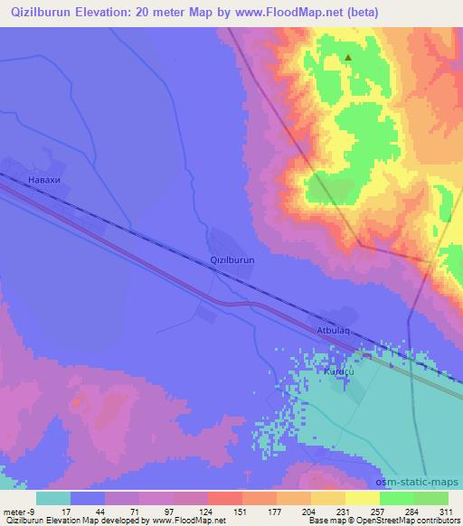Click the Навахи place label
click(x=44, y=180)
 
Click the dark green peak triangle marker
click(x=348, y=59)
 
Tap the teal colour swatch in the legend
click(x=53, y=497)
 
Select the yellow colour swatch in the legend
click(x=362, y=497)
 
